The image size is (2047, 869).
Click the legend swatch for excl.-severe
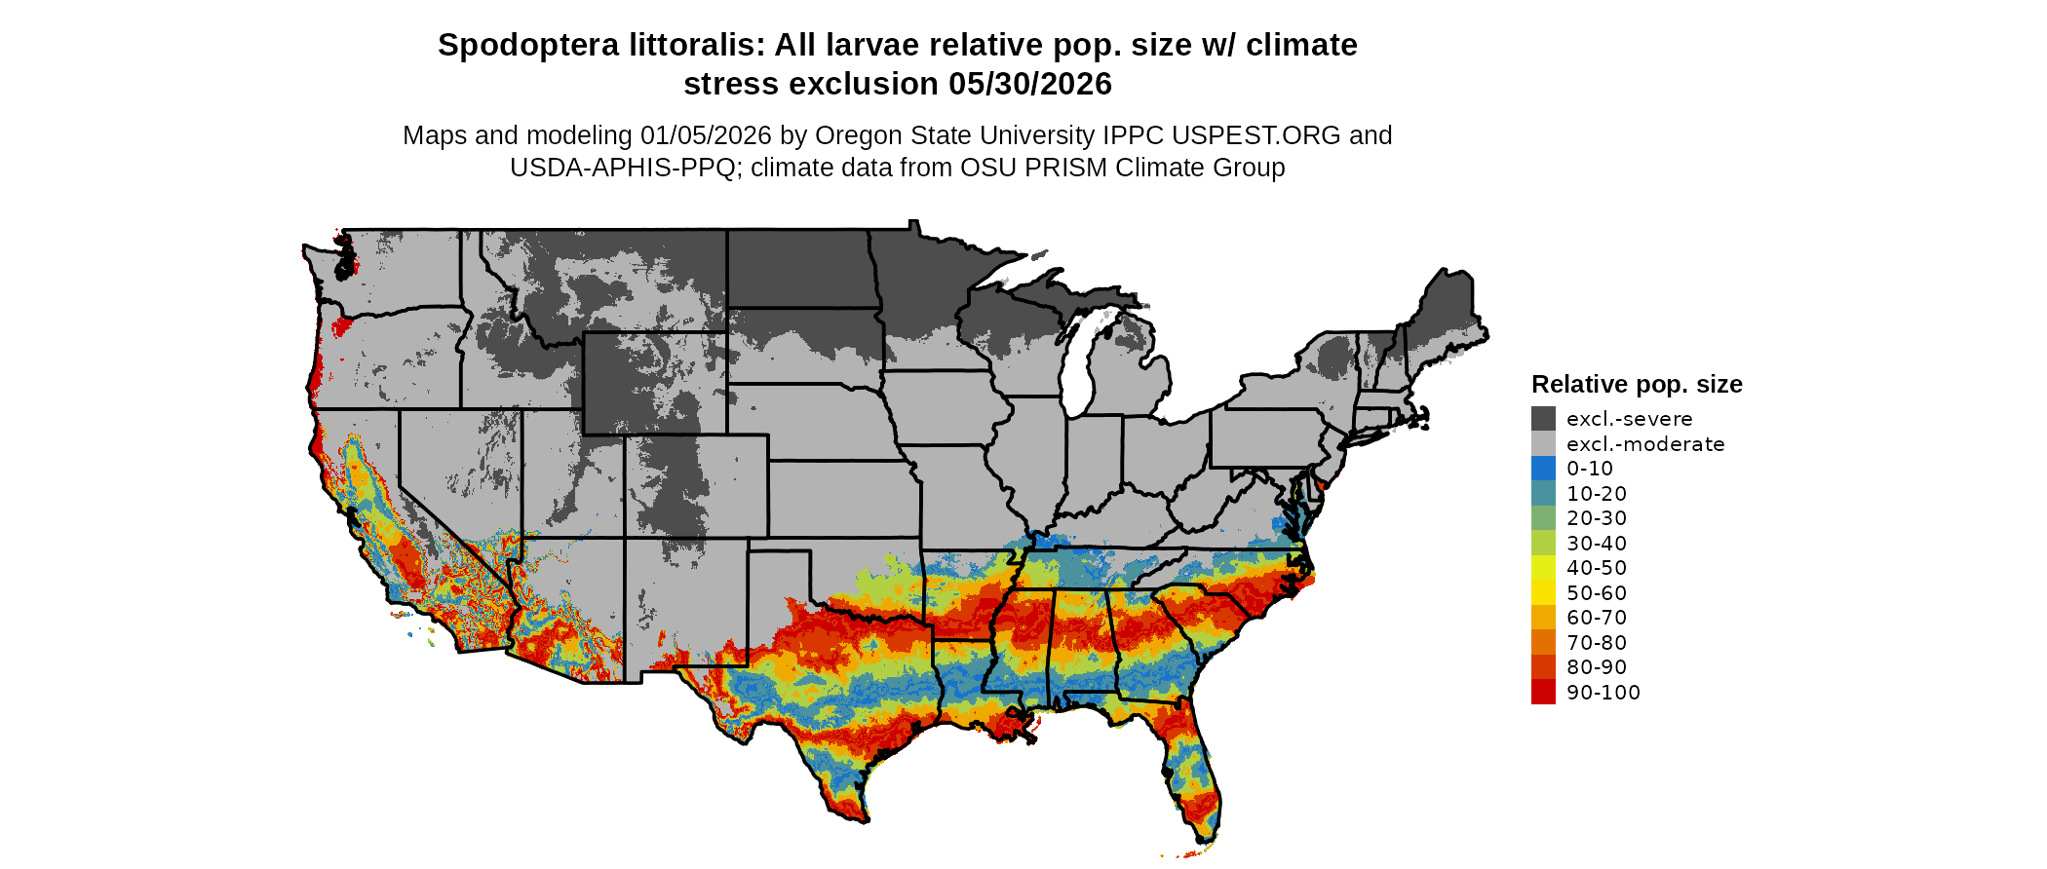pyautogui.click(x=1543, y=419)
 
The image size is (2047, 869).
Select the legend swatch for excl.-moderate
pyautogui.click(x=1543, y=444)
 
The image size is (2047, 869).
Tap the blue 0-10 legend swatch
pyautogui.click(x=1543, y=469)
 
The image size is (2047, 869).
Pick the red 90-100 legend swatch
pyautogui.click(x=1543, y=693)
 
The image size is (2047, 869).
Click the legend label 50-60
pyautogui.click(x=1597, y=593)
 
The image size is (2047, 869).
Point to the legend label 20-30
pyautogui.click(x=1597, y=518)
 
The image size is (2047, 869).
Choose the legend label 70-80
pyautogui.click(x=1597, y=643)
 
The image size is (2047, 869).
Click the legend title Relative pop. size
pyautogui.click(x=1637, y=385)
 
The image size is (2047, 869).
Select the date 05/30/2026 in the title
pyautogui.click(x=1030, y=85)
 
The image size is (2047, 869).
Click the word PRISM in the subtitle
pyautogui.click(x=1063, y=168)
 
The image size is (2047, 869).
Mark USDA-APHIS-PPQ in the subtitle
pyautogui.click(x=622, y=168)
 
